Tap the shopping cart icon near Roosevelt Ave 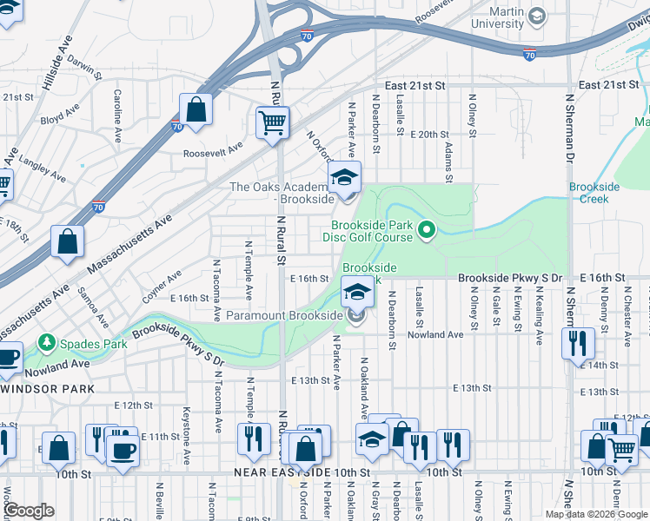point(273,122)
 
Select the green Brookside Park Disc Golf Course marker point(426,230)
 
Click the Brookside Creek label point(594,192)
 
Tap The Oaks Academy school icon point(345,178)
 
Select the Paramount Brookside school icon point(355,292)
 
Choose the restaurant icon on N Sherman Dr point(577,343)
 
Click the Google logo point(29,510)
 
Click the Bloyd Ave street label point(59,114)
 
